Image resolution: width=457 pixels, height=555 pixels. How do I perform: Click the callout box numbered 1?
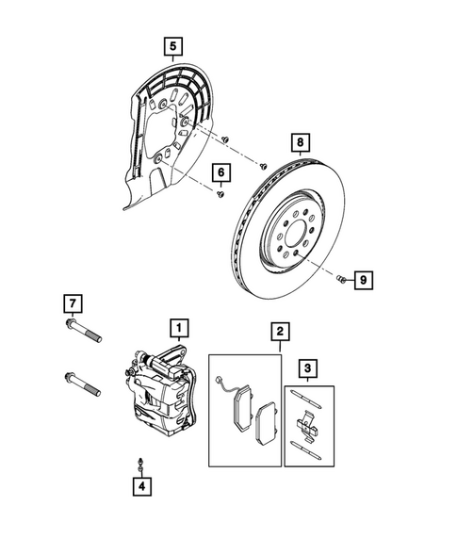[x=176, y=328]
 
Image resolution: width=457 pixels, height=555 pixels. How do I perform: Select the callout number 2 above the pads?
[x=279, y=331]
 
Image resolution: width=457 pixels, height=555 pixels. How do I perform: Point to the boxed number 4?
[x=139, y=486]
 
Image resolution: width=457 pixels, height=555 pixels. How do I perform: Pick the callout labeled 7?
[x=70, y=303]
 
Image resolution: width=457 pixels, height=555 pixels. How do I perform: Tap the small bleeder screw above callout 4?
[x=139, y=463]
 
